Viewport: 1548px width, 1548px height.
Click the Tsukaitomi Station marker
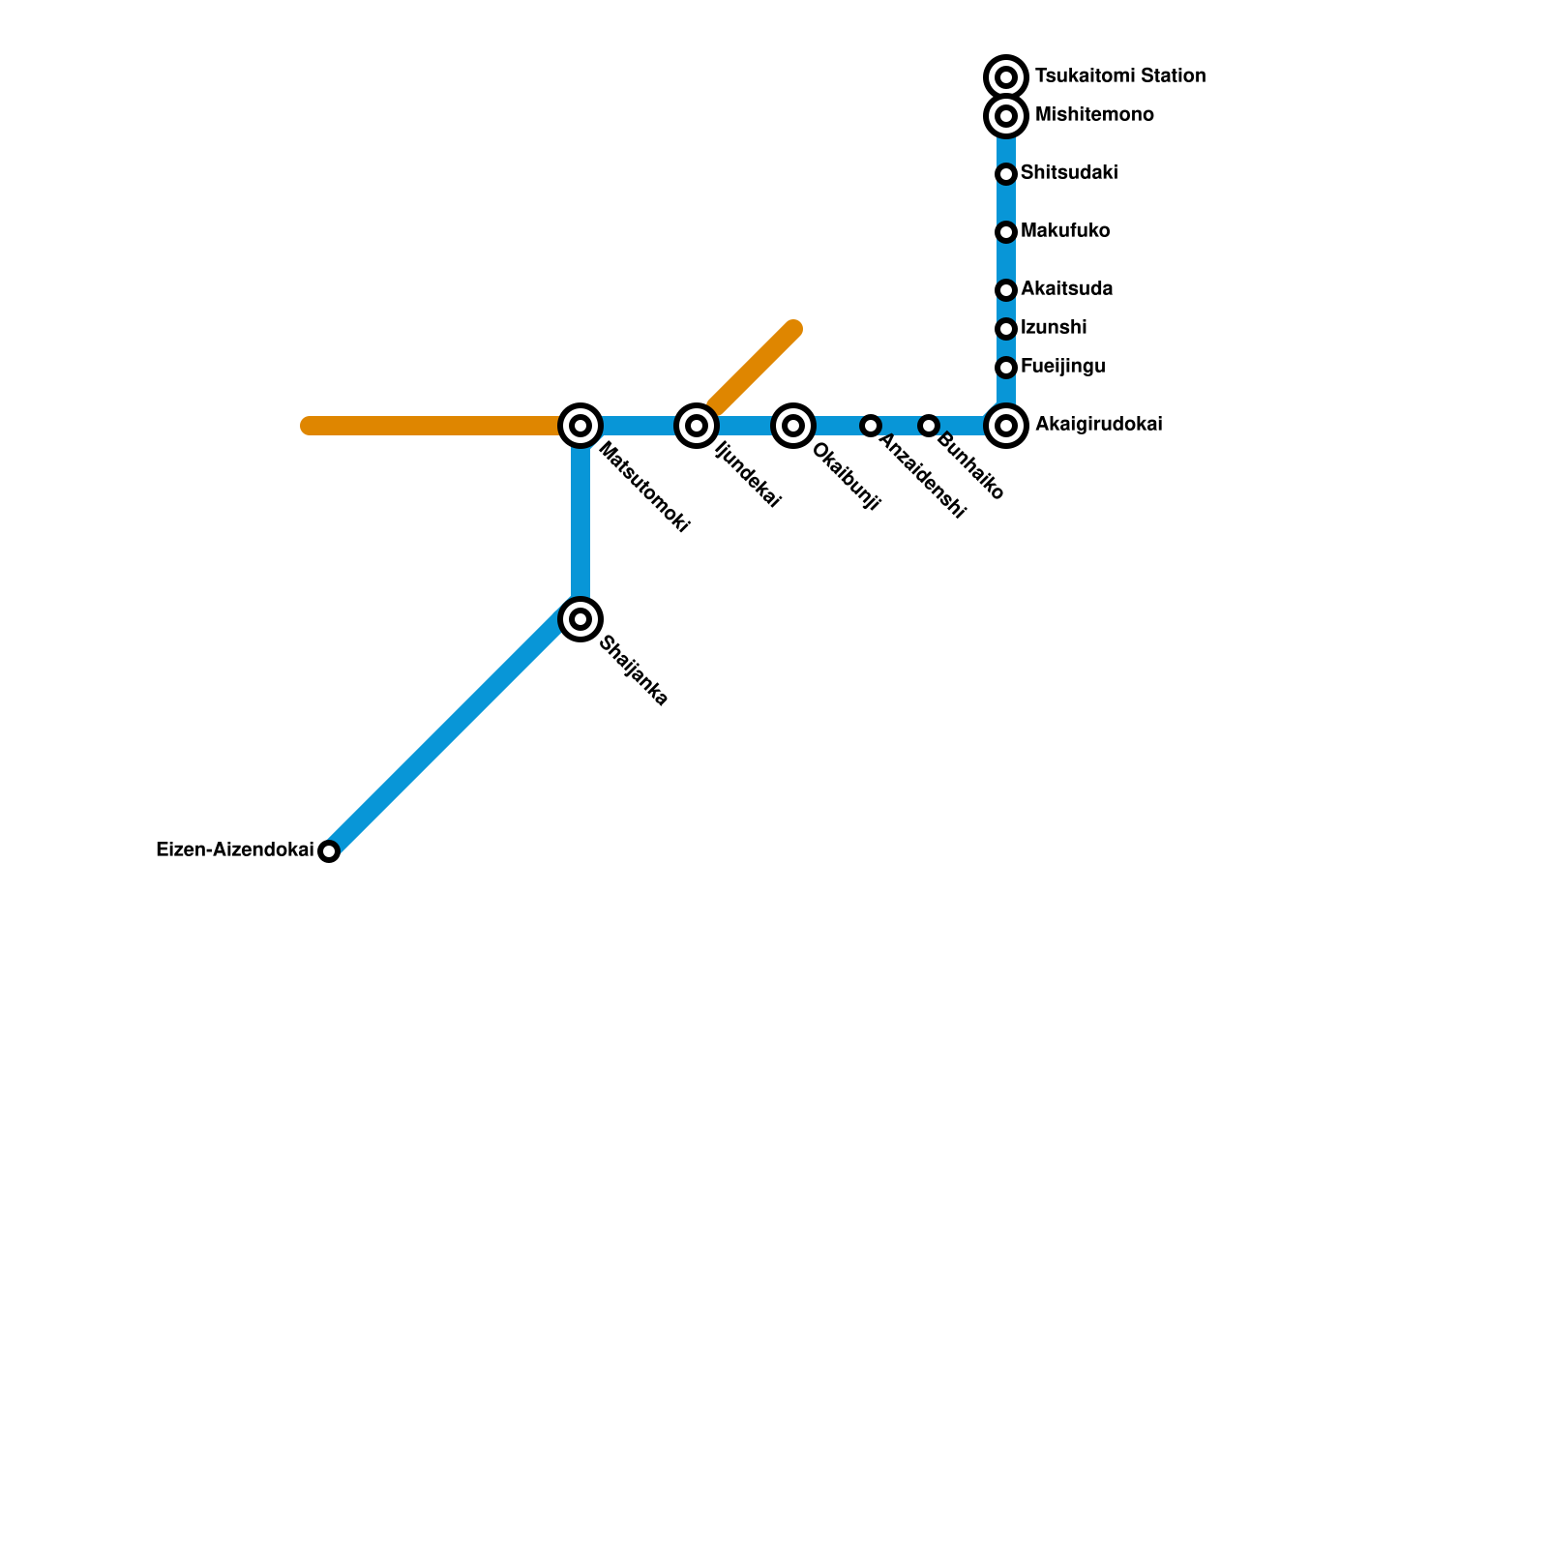[1006, 76]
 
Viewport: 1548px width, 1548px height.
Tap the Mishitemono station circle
[1006, 116]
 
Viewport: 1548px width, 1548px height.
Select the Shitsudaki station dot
[1006, 174]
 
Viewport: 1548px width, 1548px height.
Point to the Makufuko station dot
[1006, 232]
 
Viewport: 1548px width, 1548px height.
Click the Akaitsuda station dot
[1006, 290]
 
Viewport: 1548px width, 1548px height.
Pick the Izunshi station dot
[1006, 329]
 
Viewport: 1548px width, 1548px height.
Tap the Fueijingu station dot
[1006, 368]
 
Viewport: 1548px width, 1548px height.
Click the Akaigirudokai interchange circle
[1006, 426]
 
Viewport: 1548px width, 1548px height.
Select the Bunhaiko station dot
[929, 426]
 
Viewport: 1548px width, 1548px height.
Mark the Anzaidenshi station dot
[871, 426]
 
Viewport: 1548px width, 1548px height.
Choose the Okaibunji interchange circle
[793, 426]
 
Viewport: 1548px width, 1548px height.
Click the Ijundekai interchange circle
[697, 426]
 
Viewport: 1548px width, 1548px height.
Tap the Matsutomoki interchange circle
[580, 426]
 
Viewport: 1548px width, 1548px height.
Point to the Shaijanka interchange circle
[580, 619]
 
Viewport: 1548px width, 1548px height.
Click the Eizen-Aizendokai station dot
[329, 851]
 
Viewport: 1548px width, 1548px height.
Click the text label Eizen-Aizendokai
[234, 850]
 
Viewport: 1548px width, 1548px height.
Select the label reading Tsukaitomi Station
[1119, 75]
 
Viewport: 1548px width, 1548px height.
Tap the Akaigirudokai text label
[1098, 425]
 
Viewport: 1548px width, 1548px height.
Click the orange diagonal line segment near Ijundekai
[755, 369]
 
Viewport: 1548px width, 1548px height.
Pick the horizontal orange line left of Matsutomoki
[435, 426]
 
